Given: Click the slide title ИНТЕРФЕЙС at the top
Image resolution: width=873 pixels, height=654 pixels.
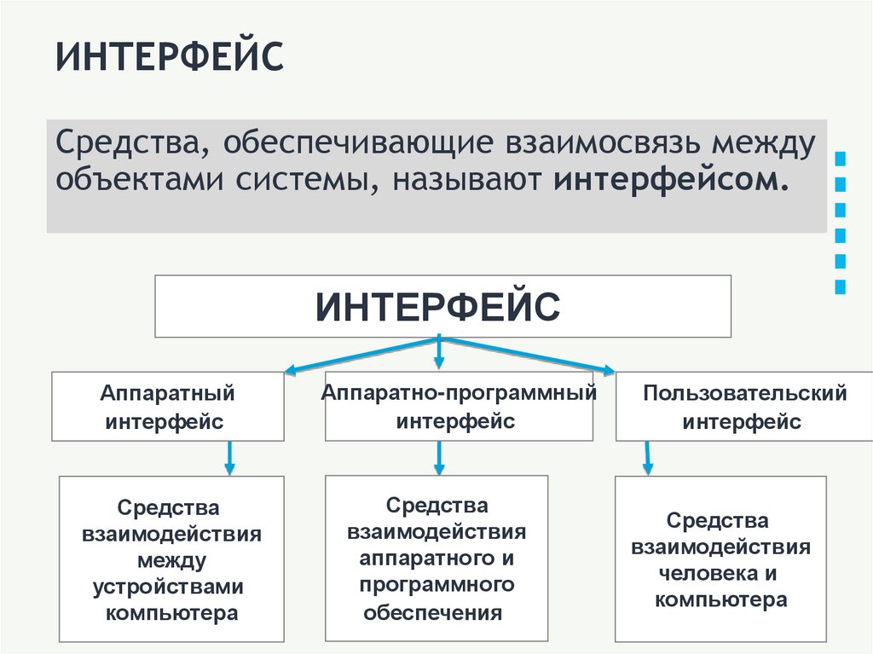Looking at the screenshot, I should tap(170, 58).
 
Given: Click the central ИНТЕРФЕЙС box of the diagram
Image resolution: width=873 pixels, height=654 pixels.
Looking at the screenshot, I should tap(442, 305).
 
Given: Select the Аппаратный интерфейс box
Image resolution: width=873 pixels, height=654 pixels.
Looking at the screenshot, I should tap(167, 407).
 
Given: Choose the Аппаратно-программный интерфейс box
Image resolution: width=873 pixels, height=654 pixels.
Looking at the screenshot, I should tap(459, 407).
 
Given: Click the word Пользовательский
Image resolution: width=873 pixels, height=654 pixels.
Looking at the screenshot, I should tap(744, 393).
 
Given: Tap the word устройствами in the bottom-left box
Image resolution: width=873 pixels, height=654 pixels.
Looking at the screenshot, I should tap(170, 587).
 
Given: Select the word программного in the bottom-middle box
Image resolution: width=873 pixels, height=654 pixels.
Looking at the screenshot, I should tap(436, 585).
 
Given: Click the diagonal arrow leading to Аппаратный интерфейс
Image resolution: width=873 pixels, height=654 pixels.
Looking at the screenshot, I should tap(358, 356).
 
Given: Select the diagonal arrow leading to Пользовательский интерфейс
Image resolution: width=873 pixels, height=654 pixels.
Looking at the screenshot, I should tap(529, 355).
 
